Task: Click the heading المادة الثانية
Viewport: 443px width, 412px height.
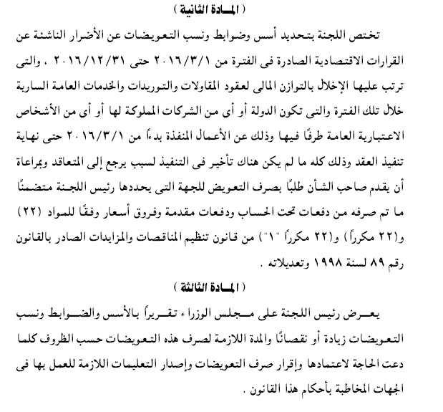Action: tap(221, 8)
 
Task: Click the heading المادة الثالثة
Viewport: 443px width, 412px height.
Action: tap(221, 287)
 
